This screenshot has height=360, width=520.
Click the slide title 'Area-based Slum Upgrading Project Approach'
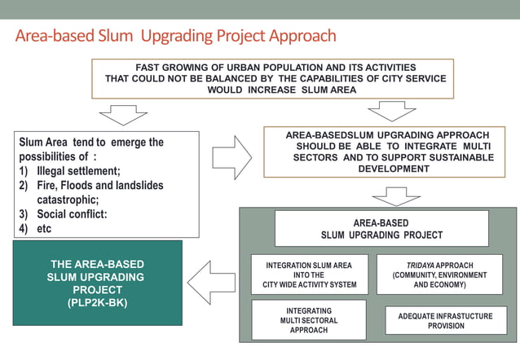click(175, 36)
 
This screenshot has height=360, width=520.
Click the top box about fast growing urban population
click(272, 79)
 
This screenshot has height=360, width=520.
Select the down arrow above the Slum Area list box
click(123, 115)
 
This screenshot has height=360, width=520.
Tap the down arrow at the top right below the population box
click(391, 111)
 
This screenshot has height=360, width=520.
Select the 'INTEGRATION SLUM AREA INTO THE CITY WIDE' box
click(309, 275)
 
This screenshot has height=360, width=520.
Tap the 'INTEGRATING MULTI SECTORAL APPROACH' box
click(309, 320)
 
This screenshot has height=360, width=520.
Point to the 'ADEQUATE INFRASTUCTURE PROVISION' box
click(446, 320)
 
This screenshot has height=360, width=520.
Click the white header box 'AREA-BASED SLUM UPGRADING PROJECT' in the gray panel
click(381, 229)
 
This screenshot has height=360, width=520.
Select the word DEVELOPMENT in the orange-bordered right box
click(393, 169)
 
